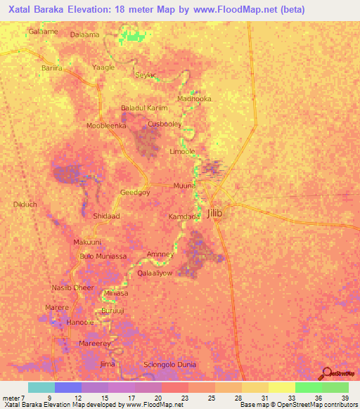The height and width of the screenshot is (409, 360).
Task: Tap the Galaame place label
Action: pyautogui.click(x=43, y=32)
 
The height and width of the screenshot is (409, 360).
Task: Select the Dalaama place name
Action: pyautogui.click(x=85, y=34)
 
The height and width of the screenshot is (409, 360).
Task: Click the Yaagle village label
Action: pyautogui.click(x=103, y=67)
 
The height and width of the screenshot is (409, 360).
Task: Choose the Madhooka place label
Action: pyautogui.click(x=194, y=99)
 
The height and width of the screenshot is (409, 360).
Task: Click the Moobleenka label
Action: pyautogui.click(x=105, y=125)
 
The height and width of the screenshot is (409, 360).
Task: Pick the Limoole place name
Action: pyautogui.click(x=182, y=151)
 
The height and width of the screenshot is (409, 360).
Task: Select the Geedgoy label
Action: pyautogui.click(x=136, y=193)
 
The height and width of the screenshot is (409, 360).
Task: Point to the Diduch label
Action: pyautogui.click(x=25, y=204)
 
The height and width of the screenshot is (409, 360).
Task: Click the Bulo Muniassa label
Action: pyautogui.click(x=103, y=257)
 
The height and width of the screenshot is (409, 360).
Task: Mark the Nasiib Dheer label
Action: pyautogui.click(x=72, y=287)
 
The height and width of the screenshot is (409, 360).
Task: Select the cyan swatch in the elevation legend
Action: pyautogui.click(x=41, y=387)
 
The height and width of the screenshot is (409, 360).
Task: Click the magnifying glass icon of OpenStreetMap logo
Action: pyautogui.click(x=326, y=373)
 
